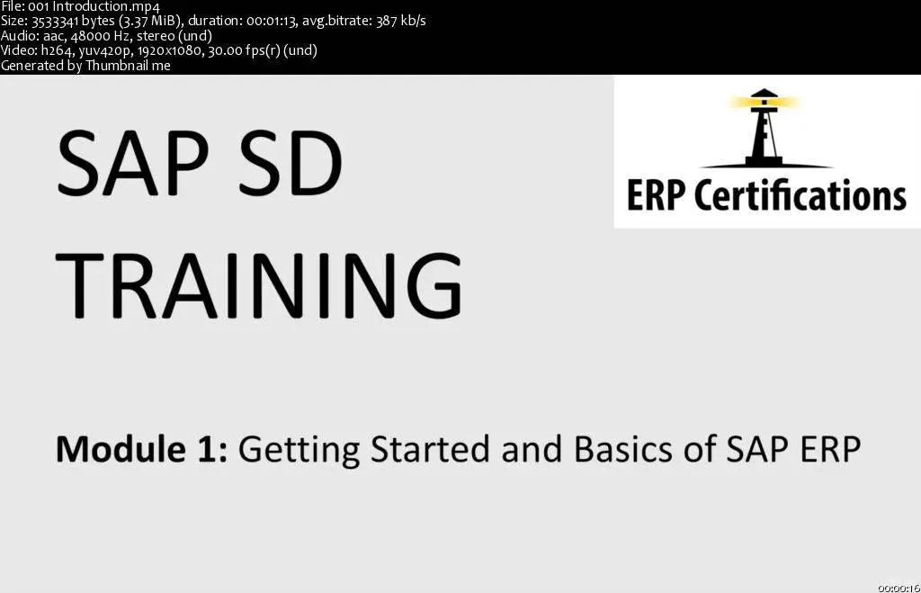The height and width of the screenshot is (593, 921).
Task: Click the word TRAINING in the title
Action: click(x=258, y=285)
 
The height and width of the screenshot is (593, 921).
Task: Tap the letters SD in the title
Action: click(x=291, y=163)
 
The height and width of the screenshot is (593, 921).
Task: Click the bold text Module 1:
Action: click(x=141, y=450)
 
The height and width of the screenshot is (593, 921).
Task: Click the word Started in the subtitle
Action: click(x=431, y=450)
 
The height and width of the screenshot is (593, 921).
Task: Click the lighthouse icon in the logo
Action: click(x=764, y=128)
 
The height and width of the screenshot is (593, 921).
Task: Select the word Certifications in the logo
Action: click(x=800, y=195)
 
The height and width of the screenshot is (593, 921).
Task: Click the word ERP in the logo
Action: click(x=656, y=195)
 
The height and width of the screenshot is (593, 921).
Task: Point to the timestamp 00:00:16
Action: click(x=899, y=588)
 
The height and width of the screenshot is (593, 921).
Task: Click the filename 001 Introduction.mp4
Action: click(x=94, y=6)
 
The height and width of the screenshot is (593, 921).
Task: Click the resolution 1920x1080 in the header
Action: click(x=169, y=50)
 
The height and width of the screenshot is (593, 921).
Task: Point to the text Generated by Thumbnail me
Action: click(x=85, y=65)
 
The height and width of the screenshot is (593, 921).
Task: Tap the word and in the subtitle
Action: click(x=532, y=450)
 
